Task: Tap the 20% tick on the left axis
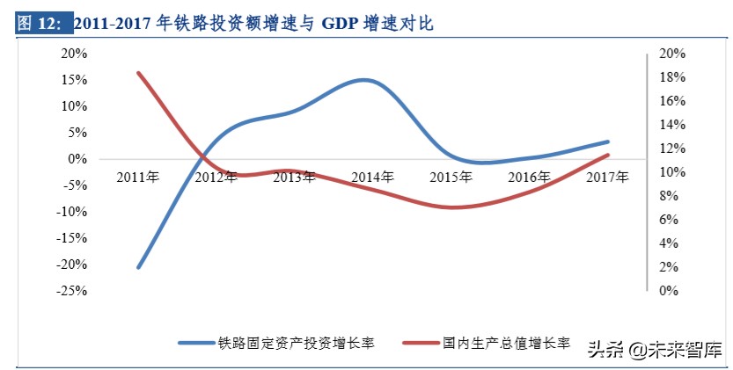click(x=74, y=54)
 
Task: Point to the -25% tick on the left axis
click(x=72, y=291)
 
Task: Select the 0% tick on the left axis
click(x=77, y=159)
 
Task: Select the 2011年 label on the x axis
click(x=138, y=177)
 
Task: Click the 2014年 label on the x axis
click(x=373, y=177)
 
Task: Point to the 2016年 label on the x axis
click(x=531, y=177)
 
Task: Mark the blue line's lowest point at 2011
click(x=138, y=267)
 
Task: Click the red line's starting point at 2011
click(x=138, y=72)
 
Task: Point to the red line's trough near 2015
click(x=453, y=207)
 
